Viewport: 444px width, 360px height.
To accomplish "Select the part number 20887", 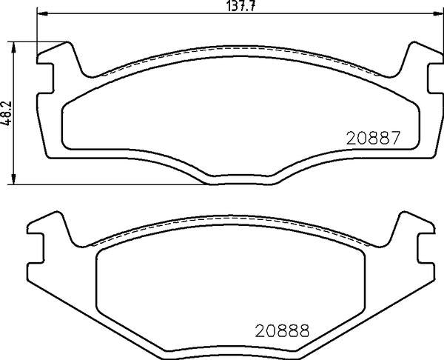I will pyautogui.click(x=372, y=138).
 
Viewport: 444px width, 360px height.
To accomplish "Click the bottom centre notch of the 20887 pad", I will pyautogui.click(x=241, y=179).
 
